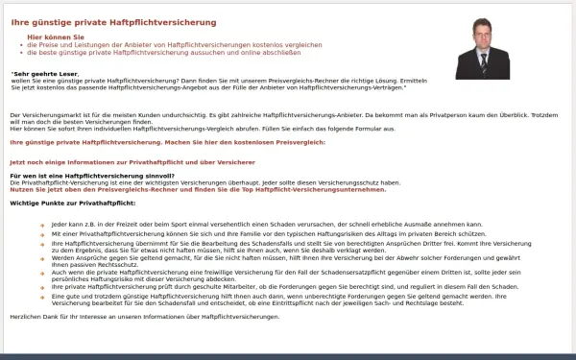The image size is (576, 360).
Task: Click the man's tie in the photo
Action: pos(485,60)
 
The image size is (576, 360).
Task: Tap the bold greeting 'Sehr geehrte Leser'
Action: pos(44,73)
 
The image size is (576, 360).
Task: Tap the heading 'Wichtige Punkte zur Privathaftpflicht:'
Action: pos(73,204)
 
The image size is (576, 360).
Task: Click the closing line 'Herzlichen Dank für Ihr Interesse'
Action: pos(144,316)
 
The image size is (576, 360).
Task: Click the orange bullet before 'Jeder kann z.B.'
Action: pos(41,224)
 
